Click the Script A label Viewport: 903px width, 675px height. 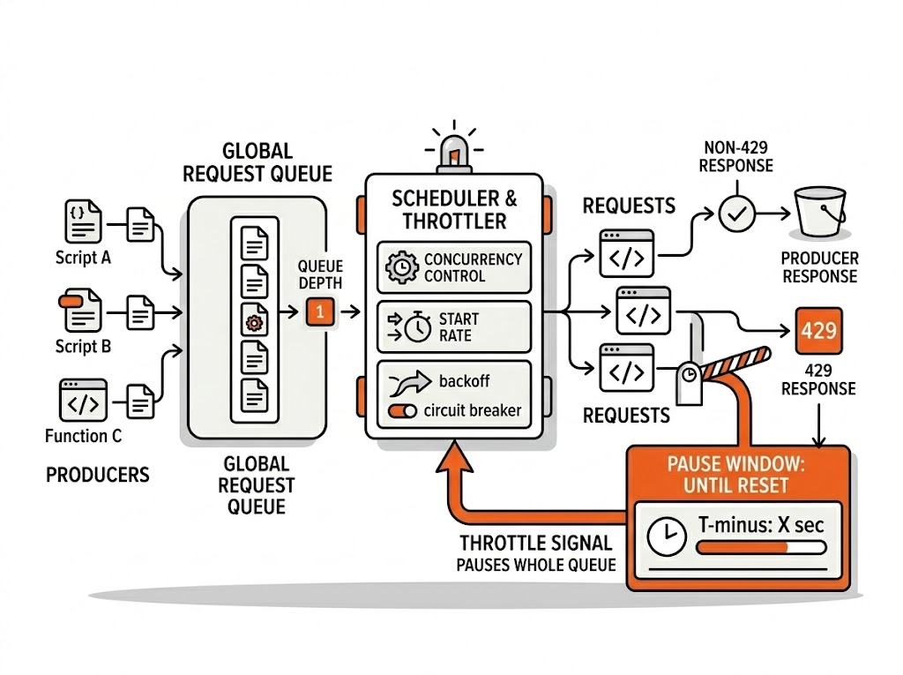(83, 259)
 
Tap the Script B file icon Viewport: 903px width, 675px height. (80, 310)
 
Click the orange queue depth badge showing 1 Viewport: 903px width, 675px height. (319, 311)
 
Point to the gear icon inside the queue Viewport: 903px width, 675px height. (254, 323)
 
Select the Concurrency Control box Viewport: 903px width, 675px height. (454, 267)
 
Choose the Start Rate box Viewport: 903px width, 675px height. (454, 326)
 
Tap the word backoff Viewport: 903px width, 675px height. (464, 381)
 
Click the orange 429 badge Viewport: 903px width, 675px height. (819, 333)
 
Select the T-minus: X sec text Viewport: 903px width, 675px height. (760, 526)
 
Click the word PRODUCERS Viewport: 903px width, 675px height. (97, 475)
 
